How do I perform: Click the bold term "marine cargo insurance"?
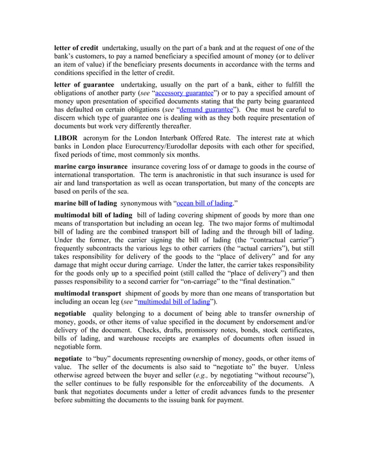pos(90,166)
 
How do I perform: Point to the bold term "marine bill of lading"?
pos(85,203)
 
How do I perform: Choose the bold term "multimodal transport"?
pos(87,293)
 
